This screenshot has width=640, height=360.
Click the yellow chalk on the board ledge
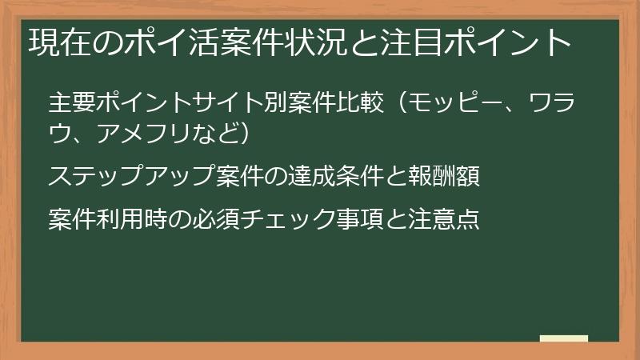[x=564, y=338]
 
